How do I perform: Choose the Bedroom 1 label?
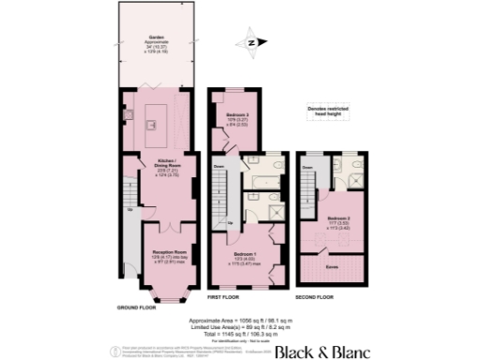247,253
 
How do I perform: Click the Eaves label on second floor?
332,265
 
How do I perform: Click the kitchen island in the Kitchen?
157,114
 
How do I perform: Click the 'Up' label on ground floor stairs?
130,208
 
